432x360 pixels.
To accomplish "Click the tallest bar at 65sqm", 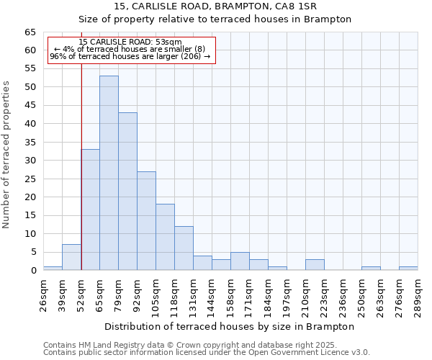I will (x=109, y=173).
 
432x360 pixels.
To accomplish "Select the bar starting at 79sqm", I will (x=127, y=192).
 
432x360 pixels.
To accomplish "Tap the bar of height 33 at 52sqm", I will (x=91, y=210).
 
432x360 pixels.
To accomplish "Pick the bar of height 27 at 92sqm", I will (x=146, y=220).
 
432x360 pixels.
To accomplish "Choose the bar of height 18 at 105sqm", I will (x=165, y=237).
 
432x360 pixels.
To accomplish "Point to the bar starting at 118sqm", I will (x=184, y=248).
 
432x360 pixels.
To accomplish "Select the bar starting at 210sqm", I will (x=315, y=264).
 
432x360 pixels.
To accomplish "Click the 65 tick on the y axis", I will (x=30, y=32).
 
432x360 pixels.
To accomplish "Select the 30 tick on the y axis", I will (x=30, y=161).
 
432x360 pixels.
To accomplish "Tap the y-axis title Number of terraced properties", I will (x=6, y=155).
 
